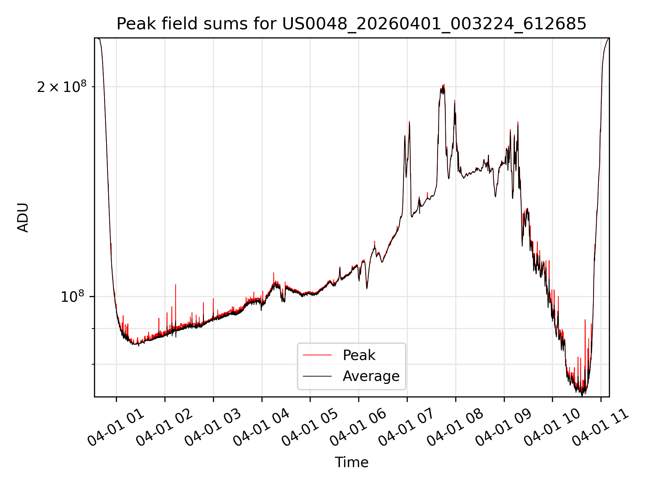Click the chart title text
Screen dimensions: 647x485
click(351, 24)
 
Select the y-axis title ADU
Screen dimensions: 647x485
click(23, 218)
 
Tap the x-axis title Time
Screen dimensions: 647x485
click(351, 462)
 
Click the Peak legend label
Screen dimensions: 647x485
click(359, 355)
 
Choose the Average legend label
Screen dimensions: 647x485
click(371, 376)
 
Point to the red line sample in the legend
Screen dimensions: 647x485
click(317, 355)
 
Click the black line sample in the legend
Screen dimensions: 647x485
click(317, 376)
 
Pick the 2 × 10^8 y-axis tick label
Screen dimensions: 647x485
click(62, 87)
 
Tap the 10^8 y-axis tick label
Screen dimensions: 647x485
click(72, 296)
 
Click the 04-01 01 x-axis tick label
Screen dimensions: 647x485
click(116, 428)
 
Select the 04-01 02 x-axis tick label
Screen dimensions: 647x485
click(165, 428)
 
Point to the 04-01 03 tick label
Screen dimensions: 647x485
click(213, 428)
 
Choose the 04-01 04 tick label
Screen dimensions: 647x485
click(261, 428)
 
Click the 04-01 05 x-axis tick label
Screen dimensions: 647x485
click(310, 428)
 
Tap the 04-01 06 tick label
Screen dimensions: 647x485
click(359, 428)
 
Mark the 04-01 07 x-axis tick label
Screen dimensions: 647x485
click(407, 428)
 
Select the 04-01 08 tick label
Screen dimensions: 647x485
click(456, 428)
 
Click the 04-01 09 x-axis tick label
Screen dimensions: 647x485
click(504, 428)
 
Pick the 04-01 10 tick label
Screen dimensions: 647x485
click(552, 428)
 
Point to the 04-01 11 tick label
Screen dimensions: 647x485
click(601, 428)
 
